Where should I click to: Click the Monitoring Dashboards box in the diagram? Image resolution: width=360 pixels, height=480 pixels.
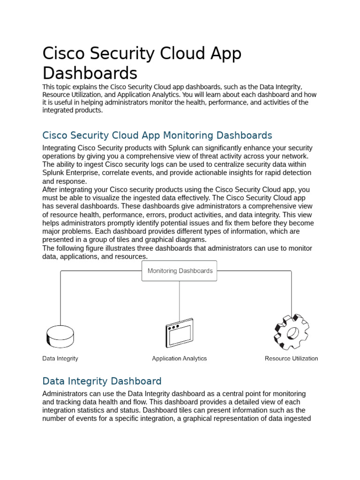pos(180,271)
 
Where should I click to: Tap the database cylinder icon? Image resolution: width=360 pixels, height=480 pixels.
pos(60,337)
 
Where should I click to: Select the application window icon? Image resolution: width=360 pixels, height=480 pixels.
pos(180,333)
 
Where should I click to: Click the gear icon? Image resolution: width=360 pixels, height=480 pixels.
pos(291,332)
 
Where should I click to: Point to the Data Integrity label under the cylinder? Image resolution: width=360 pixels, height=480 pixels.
pos(60,359)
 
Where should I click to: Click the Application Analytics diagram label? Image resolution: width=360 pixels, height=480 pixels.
pos(180,359)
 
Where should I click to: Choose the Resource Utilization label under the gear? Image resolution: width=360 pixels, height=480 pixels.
pos(291,359)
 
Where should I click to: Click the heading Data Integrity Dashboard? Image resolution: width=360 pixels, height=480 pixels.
pos(102,381)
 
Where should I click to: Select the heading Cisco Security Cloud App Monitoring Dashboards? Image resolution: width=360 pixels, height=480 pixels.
pos(157,135)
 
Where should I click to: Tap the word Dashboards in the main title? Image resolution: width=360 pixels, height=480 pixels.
pos(90,73)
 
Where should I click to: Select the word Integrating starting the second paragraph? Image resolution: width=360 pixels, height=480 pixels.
pos(59,148)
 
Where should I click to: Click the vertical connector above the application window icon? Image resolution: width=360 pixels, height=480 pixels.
pos(180,300)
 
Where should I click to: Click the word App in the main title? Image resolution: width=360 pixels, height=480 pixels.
pos(224,53)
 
